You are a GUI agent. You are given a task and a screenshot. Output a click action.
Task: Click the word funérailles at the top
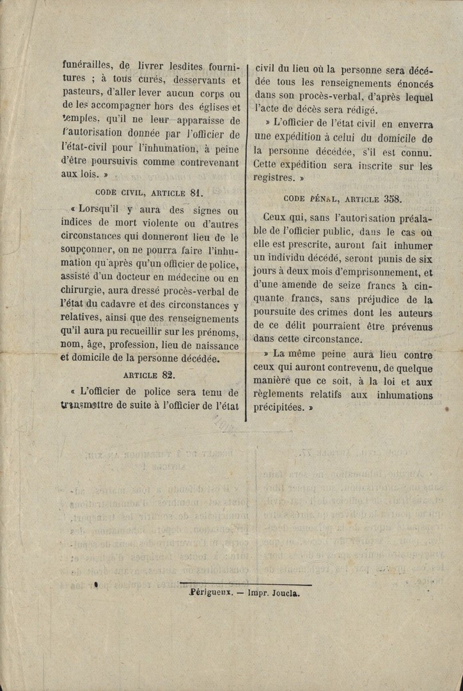pyautogui.click(x=86, y=65)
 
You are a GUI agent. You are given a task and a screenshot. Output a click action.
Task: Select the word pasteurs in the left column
pyautogui.click(x=84, y=94)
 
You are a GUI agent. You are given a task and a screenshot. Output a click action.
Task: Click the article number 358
pyautogui.click(x=392, y=199)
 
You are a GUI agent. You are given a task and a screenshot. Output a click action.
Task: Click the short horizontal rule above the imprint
pyautogui.click(x=246, y=584)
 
